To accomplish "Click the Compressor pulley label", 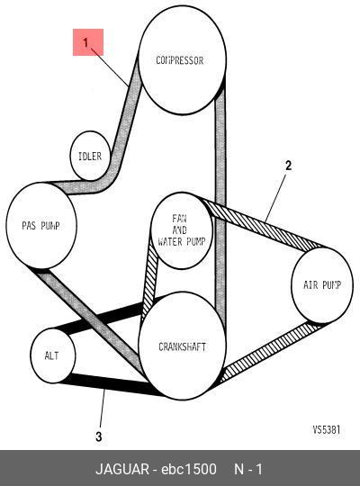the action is click(179, 60).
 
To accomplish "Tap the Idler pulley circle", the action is click(90, 156).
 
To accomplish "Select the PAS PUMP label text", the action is click(40, 225).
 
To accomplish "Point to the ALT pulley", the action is click(53, 355).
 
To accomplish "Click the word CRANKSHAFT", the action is click(182, 346).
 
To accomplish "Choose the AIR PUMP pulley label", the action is click(322, 284).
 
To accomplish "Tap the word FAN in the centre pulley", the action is click(179, 219).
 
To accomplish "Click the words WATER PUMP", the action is click(182, 241).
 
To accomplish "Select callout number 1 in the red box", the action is click(85, 42).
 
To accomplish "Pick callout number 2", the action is click(288, 166).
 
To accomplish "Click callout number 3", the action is click(99, 436).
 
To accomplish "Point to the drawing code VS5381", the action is click(326, 429).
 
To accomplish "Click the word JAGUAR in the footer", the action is click(122, 469).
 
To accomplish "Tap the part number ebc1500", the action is click(189, 469).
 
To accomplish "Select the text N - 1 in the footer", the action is click(248, 469).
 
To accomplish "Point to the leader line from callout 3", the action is click(102, 409).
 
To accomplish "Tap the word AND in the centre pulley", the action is click(179, 230).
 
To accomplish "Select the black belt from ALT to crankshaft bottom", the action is click(109, 383).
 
